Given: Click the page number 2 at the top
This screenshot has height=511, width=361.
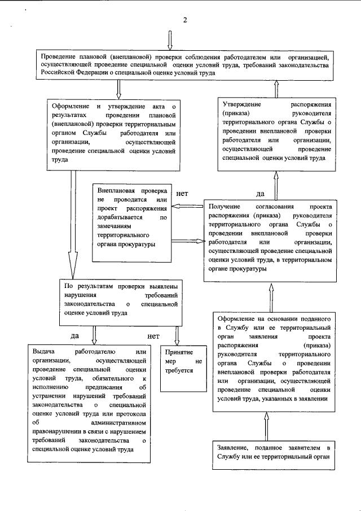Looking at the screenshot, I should click(184, 21).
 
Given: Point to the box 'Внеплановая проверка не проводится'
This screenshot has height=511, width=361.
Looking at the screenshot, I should click(131, 222).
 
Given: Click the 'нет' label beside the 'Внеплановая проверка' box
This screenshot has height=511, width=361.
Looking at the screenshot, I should click(182, 194).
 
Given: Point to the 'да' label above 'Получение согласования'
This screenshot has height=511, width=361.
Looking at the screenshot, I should click(261, 194).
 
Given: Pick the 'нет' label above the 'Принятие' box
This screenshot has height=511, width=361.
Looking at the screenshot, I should click(153, 336).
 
